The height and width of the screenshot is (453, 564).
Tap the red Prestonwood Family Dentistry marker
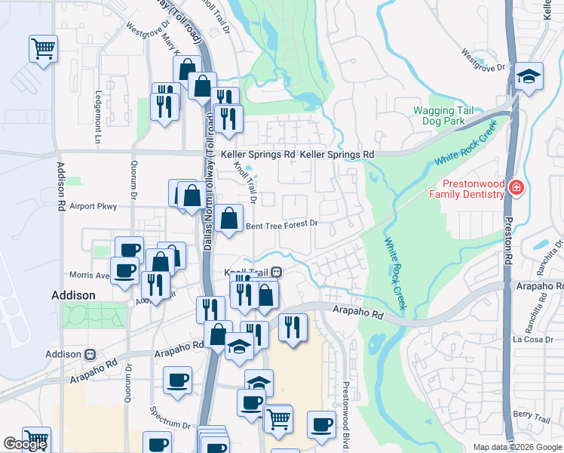(516, 188)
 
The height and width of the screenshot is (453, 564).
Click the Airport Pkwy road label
(93, 206)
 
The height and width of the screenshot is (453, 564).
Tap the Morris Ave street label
(90, 275)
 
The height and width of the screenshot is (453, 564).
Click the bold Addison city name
(73, 295)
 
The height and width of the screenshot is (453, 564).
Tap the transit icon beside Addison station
(90, 354)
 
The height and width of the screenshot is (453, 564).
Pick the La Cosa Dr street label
(532, 339)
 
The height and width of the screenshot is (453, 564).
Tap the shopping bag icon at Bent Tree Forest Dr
(228, 219)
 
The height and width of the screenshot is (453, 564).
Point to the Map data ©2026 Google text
(516, 447)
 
